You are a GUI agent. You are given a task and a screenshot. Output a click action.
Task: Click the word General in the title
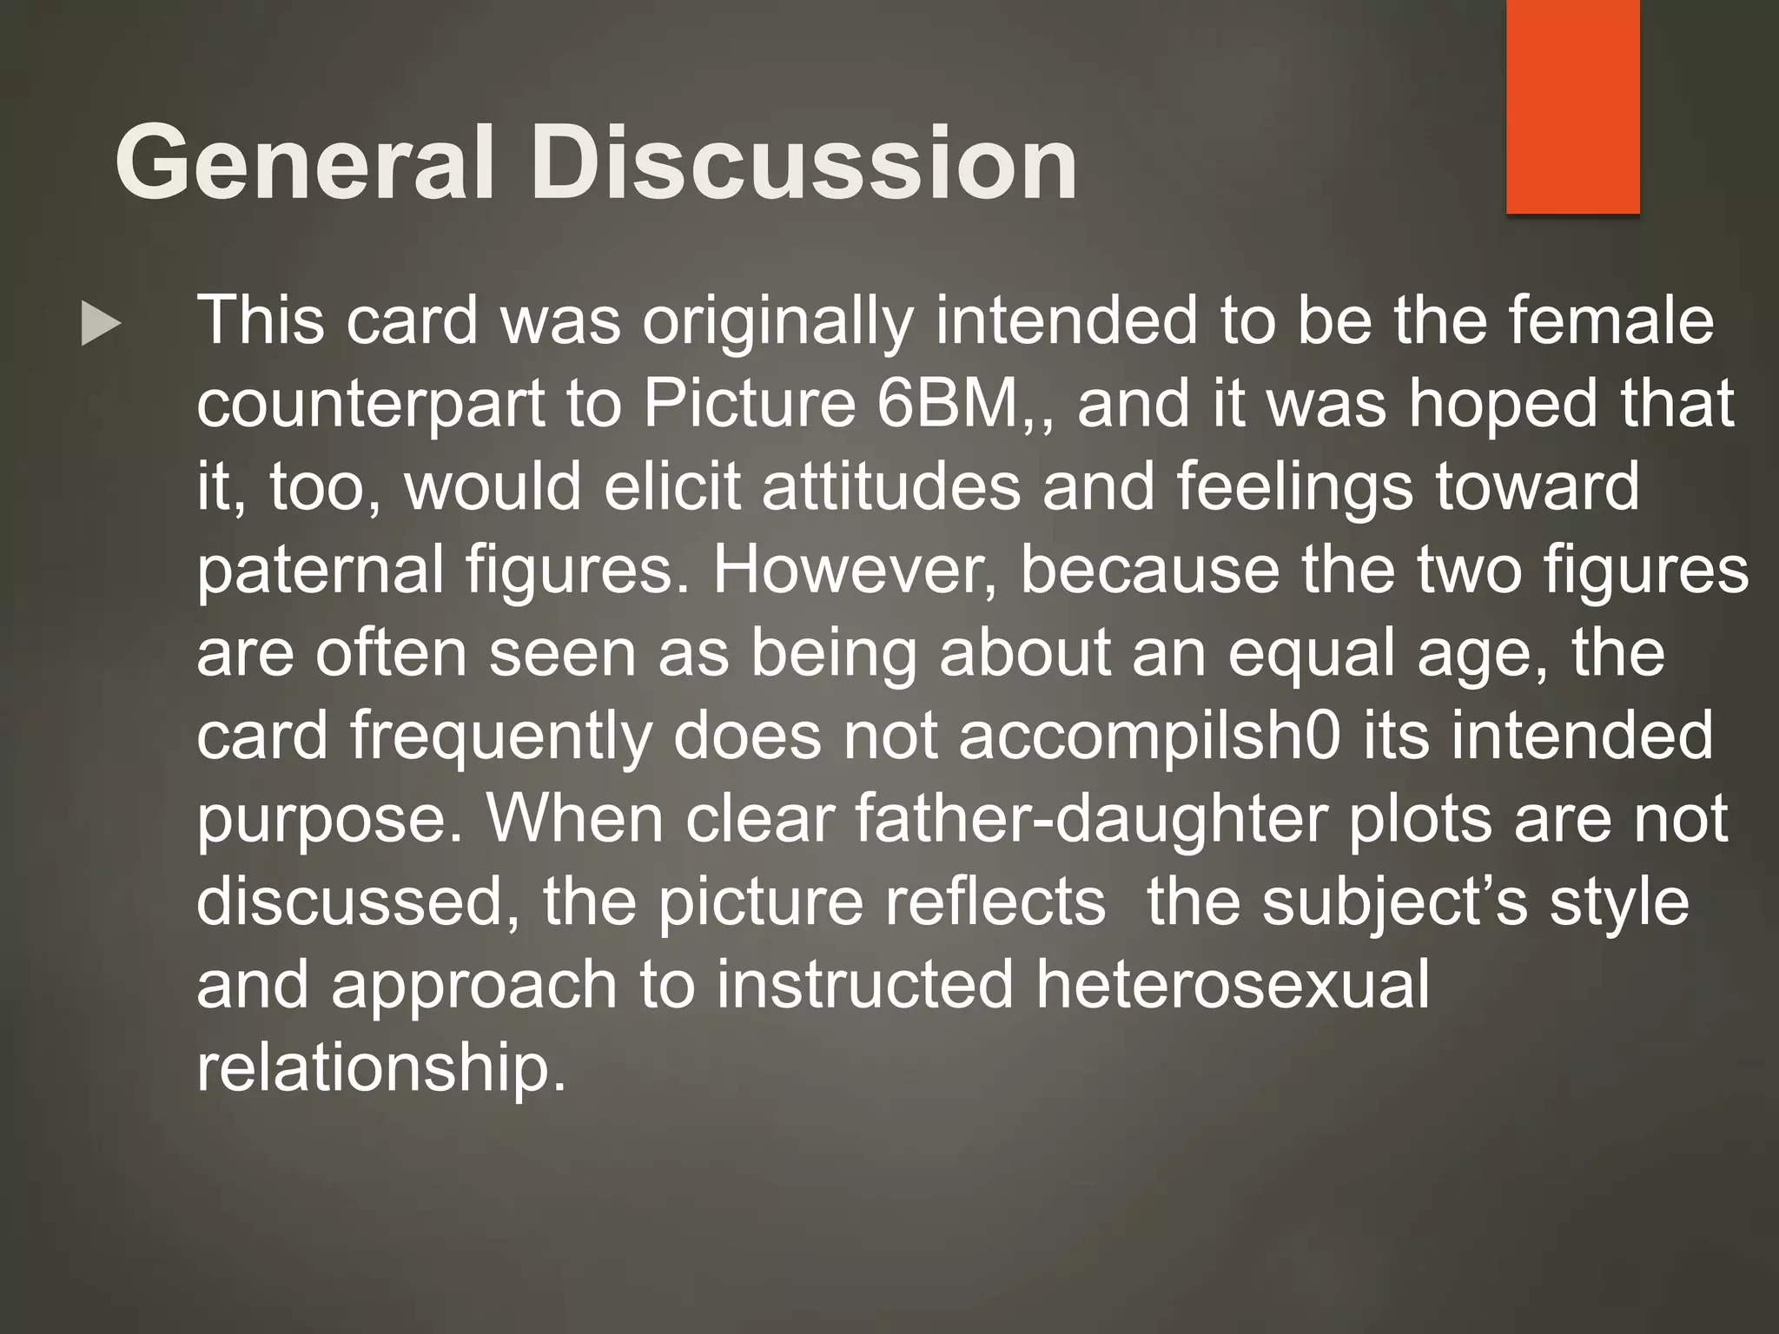(304, 162)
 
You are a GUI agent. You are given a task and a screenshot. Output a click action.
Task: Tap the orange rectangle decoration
(1572, 106)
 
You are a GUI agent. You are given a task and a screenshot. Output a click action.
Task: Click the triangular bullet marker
(100, 324)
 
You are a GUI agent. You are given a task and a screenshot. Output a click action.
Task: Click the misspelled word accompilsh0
(1149, 736)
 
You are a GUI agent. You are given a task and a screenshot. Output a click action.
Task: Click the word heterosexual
(1232, 985)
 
